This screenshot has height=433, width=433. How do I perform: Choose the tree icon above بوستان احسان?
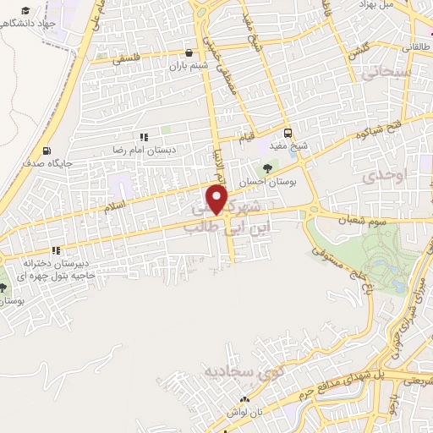click(268, 168)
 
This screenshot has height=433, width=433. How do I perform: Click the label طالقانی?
click(412, 47)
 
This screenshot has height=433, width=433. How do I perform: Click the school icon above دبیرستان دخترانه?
click(56, 250)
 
